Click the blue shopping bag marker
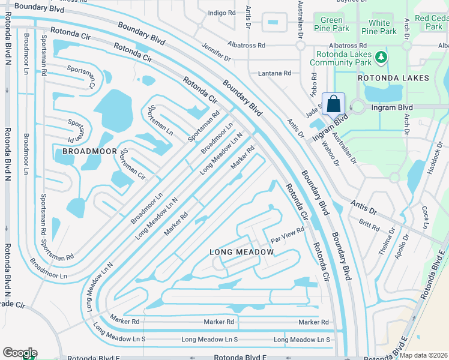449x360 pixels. (333, 103)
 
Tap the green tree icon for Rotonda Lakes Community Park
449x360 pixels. (380, 58)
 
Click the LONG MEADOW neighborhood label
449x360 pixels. (241, 252)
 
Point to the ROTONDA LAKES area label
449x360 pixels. (393, 78)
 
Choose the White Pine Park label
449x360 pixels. (379, 27)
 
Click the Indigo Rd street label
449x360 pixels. (221, 13)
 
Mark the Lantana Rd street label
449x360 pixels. (274, 73)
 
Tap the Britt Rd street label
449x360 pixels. (369, 225)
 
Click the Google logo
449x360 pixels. (19, 352)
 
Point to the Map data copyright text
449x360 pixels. (424, 355)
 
